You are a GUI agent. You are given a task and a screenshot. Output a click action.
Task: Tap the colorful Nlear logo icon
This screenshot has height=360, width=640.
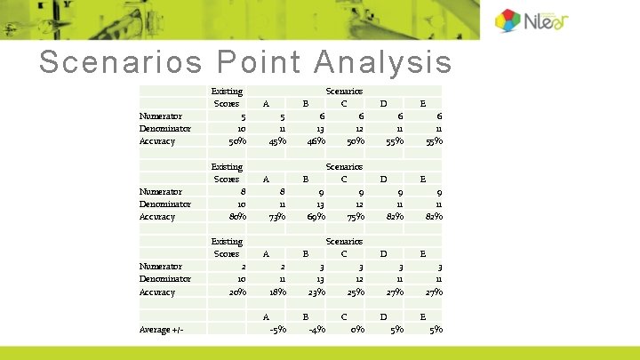pyautogui.click(x=509, y=20)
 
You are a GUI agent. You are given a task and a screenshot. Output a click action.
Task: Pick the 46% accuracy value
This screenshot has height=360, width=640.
pyautogui.click(x=315, y=141)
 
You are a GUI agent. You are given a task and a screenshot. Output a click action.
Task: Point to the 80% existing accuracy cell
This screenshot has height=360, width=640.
pyautogui.click(x=236, y=217)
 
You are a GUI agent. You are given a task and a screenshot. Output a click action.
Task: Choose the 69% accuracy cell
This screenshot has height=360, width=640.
pyautogui.click(x=315, y=217)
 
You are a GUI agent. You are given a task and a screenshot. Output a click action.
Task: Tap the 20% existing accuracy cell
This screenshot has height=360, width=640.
pyautogui.click(x=236, y=292)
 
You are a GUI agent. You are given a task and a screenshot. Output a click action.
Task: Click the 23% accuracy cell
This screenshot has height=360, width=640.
pyautogui.click(x=315, y=292)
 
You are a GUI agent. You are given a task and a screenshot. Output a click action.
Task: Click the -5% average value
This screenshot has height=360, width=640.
pyautogui.click(x=276, y=330)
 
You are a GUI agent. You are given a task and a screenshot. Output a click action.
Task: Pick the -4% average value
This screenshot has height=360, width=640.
pyautogui.click(x=316, y=330)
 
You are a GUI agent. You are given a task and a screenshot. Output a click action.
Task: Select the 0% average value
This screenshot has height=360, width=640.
pyautogui.click(x=356, y=330)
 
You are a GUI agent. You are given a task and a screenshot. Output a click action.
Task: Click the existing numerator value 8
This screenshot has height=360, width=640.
pyautogui.click(x=243, y=191)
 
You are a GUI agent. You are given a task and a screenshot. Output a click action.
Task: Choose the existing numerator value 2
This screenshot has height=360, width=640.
pyautogui.click(x=243, y=267)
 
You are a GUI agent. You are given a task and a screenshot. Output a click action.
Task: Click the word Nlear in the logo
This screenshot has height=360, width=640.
pyautogui.click(x=548, y=21)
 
